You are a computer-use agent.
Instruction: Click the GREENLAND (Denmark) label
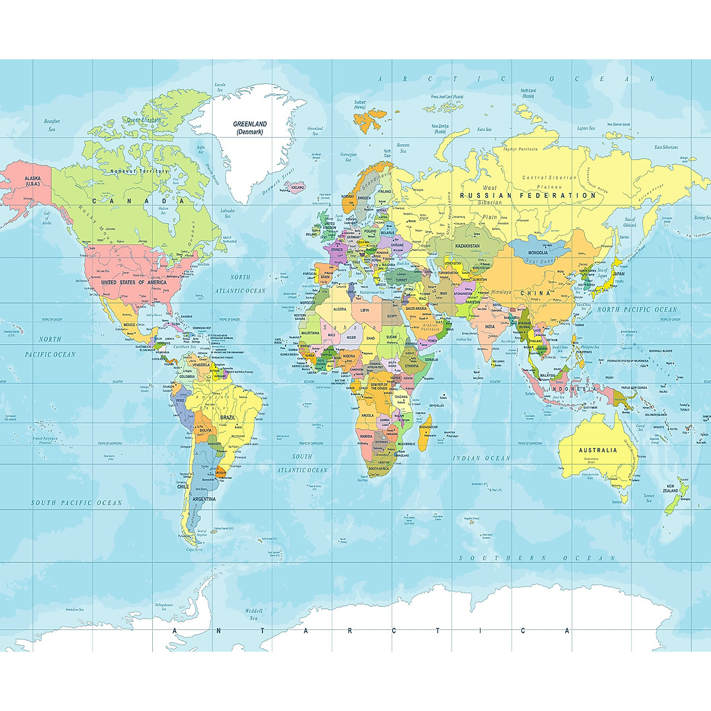249,128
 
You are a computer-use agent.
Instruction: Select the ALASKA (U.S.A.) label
33,181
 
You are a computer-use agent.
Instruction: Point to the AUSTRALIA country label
598,450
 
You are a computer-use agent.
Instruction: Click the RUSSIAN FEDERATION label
528,196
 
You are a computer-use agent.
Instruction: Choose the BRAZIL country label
228,417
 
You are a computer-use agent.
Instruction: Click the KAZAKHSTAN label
467,245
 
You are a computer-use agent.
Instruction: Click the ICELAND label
297,187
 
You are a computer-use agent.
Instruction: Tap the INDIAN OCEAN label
481,458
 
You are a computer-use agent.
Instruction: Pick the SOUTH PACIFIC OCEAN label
76,503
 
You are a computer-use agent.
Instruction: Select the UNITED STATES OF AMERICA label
133,283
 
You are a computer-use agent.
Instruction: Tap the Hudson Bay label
164,211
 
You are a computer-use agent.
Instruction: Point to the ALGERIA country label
340,309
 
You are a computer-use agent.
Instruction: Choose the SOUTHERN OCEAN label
538,558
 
